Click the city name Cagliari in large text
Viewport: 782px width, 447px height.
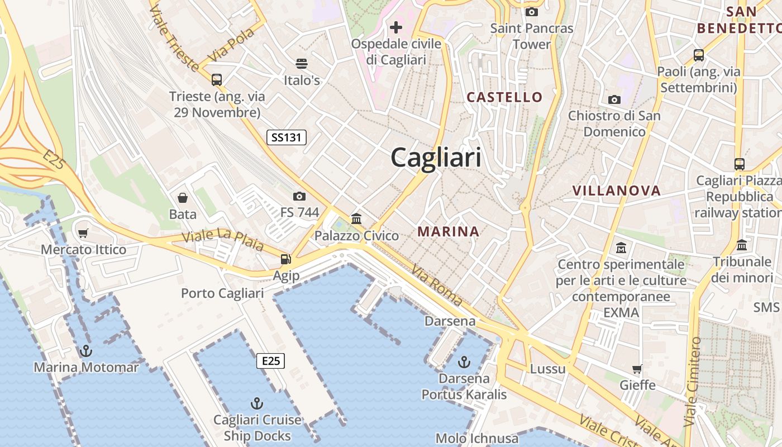pyautogui.click(x=436, y=157)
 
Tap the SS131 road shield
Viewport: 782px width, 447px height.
pyautogui.click(x=287, y=137)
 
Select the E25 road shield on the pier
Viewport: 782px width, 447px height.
pyautogui.click(x=271, y=361)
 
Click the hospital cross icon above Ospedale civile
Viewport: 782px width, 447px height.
pyautogui.click(x=396, y=27)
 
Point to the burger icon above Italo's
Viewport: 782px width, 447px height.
pyautogui.click(x=302, y=63)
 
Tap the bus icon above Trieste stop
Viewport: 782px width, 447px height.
pyautogui.click(x=217, y=80)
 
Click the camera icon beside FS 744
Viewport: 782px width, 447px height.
pyautogui.click(x=299, y=196)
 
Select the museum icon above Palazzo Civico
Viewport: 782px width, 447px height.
pyautogui.click(x=356, y=218)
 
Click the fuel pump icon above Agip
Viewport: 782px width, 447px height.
pyautogui.click(x=285, y=259)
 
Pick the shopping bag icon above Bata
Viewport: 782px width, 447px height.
pyautogui.click(x=183, y=197)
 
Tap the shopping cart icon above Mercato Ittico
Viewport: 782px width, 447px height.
pyautogui.click(x=83, y=232)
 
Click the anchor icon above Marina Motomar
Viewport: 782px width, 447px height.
pyautogui.click(x=86, y=351)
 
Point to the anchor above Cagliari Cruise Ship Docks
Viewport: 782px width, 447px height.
pyautogui.click(x=256, y=403)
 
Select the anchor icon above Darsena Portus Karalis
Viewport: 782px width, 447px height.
pyautogui.click(x=464, y=362)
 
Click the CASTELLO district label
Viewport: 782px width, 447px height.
pyautogui.click(x=504, y=97)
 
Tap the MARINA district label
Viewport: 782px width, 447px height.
pyautogui.click(x=448, y=231)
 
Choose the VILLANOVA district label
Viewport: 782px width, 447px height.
pyautogui.click(x=616, y=191)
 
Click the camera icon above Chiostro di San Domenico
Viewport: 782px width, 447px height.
pyautogui.click(x=614, y=99)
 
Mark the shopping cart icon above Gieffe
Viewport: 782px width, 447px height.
pyautogui.click(x=637, y=369)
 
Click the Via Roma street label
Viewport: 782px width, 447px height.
pyautogui.click(x=437, y=286)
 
